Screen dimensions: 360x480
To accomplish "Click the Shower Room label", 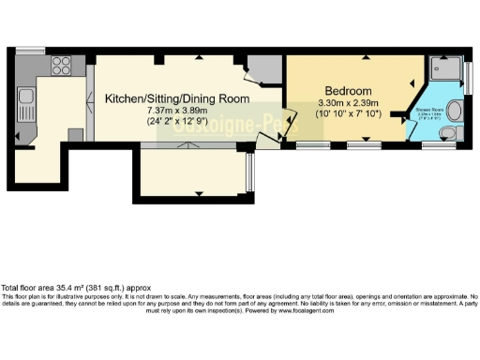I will (429, 111).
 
